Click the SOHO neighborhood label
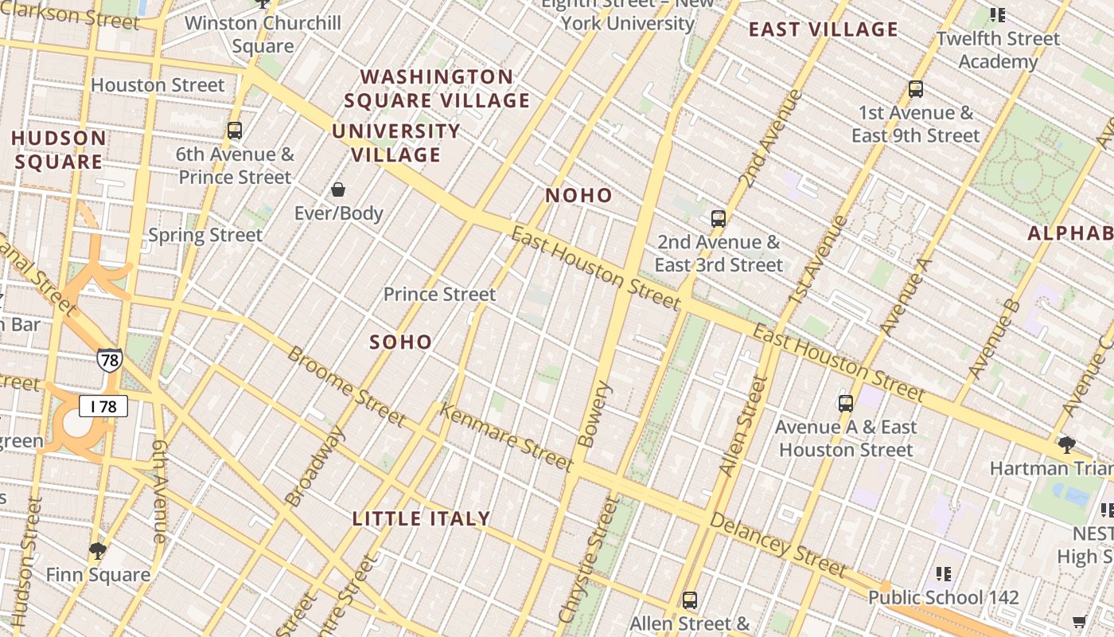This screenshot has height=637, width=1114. pyautogui.click(x=401, y=342)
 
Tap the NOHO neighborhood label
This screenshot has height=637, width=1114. pyautogui.click(x=578, y=196)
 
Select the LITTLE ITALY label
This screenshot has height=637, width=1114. pyautogui.click(x=421, y=519)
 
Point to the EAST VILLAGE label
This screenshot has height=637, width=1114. pyautogui.click(x=824, y=30)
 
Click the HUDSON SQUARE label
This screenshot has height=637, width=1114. pyautogui.click(x=58, y=150)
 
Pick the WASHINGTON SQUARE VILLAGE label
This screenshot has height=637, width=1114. pyautogui.click(x=437, y=88)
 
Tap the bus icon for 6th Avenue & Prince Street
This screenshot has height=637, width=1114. pyautogui.click(x=234, y=131)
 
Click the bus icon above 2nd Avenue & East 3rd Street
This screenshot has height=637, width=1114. pyautogui.click(x=719, y=218)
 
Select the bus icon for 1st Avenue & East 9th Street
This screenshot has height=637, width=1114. pyautogui.click(x=916, y=89)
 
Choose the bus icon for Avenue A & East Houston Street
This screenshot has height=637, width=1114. pyautogui.click(x=846, y=404)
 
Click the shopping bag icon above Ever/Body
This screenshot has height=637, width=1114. pyautogui.click(x=338, y=190)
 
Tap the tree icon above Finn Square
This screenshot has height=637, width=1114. pyautogui.click(x=98, y=550)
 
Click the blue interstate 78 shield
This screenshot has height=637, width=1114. pyautogui.click(x=110, y=361)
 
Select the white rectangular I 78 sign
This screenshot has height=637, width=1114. pyautogui.click(x=103, y=407)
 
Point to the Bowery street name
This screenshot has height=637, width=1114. pyautogui.click(x=597, y=414)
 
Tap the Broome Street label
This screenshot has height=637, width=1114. pyautogui.click(x=346, y=386)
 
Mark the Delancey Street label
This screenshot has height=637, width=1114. pyautogui.click(x=777, y=545)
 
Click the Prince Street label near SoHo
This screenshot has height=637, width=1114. pyautogui.click(x=439, y=295)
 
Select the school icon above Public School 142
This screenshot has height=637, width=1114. pyautogui.click(x=944, y=573)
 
